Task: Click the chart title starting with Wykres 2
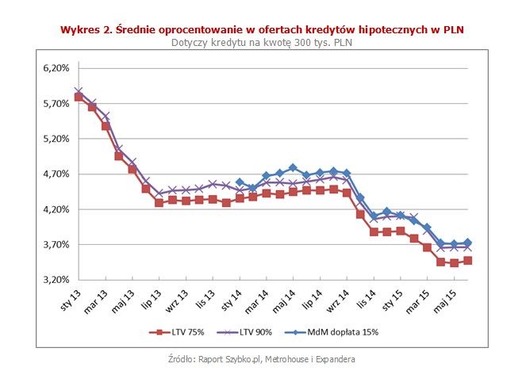pyautogui.click(x=262, y=29)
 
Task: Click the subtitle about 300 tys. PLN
pyautogui.click(x=262, y=42)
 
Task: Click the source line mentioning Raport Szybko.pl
pyautogui.click(x=262, y=360)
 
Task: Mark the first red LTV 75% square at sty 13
pyautogui.click(x=79, y=97)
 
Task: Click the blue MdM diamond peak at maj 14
pyautogui.click(x=293, y=168)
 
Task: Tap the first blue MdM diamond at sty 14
pyautogui.click(x=240, y=182)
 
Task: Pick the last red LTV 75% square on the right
pyautogui.click(x=468, y=260)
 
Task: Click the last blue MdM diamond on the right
pyautogui.click(x=468, y=243)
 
